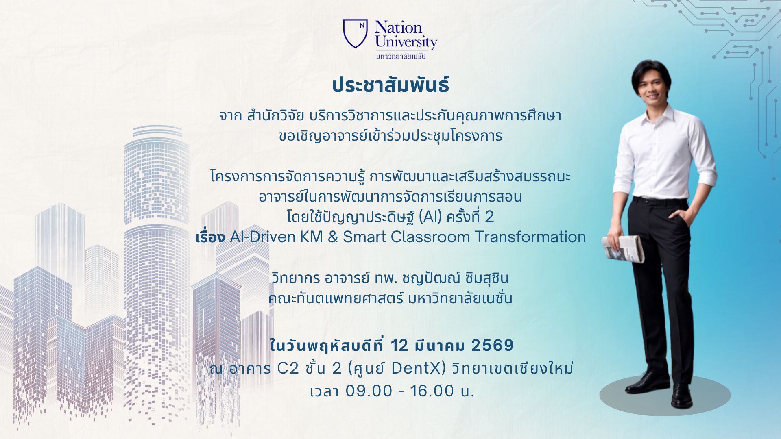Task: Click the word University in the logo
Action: pos(406,42)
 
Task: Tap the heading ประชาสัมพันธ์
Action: pos(390,86)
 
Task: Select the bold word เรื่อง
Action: pos(210,237)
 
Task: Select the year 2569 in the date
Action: pos(493,346)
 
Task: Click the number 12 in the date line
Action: pos(399,346)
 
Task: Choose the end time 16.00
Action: pos(432,391)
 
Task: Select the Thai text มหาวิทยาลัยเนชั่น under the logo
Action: pos(401,56)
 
